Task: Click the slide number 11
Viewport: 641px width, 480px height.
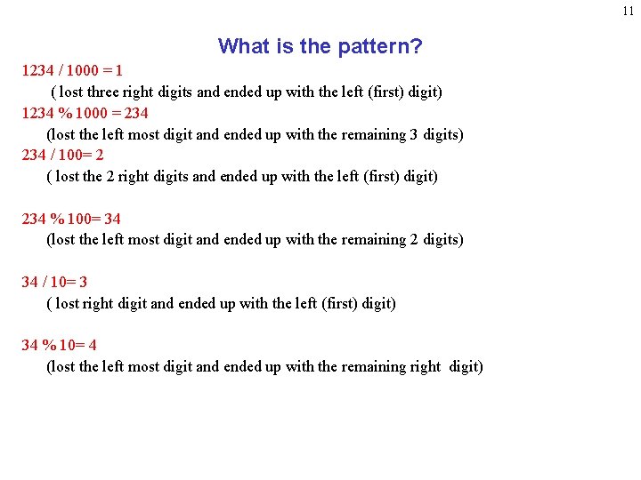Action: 629,12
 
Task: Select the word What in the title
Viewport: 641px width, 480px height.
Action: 242,46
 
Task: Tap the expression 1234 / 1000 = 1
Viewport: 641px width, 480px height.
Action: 72,70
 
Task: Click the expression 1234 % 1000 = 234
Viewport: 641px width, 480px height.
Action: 85,113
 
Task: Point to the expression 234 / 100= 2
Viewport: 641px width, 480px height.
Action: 62,155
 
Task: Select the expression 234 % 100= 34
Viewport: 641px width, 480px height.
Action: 71,219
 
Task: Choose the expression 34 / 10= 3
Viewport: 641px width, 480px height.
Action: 54,282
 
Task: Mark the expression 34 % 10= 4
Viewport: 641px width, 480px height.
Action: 59,345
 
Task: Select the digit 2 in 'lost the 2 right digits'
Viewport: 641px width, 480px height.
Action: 110,176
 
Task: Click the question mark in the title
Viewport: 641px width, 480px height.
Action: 417,46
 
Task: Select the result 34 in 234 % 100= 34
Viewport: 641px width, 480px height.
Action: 112,219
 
